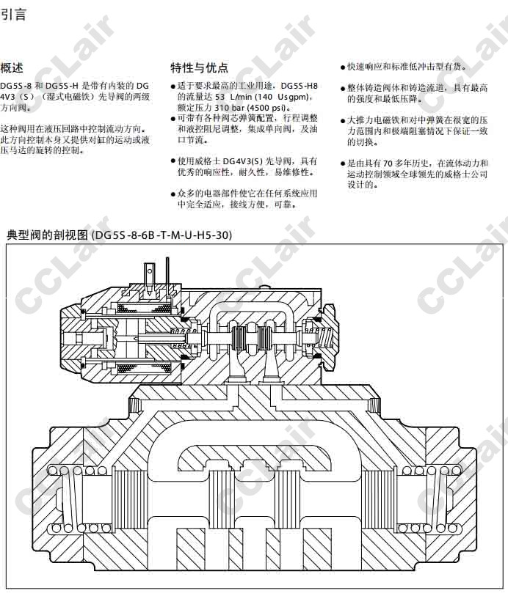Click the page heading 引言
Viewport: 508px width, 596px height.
(13, 15)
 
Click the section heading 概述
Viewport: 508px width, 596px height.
(12, 68)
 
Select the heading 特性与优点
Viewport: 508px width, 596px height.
(199, 68)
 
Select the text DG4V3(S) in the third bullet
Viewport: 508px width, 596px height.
(243, 161)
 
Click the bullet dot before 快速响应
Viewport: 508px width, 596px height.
(343, 67)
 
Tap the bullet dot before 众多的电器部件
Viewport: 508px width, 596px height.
(173, 194)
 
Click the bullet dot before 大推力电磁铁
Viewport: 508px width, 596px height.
(343, 121)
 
